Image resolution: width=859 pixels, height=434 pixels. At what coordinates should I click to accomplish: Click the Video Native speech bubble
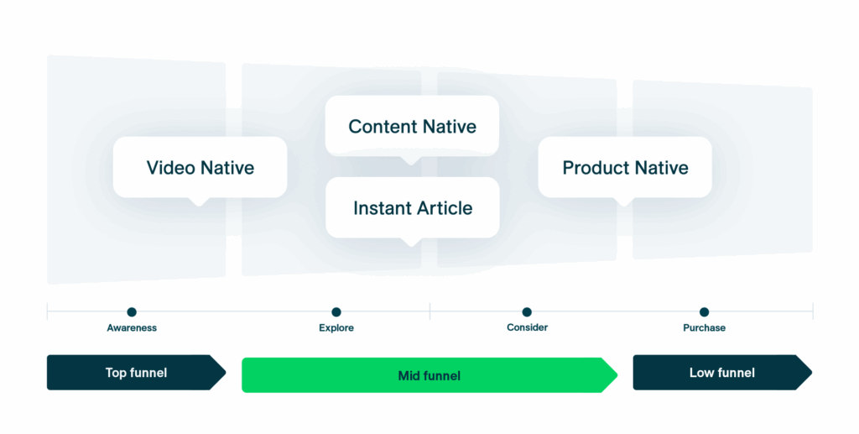coord(200,167)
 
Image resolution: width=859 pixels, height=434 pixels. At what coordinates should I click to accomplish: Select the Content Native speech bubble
coord(412,126)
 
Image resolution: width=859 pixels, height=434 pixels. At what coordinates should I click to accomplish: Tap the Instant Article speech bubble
coord(412,207)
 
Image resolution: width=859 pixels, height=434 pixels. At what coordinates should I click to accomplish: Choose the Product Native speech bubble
coord(625,167)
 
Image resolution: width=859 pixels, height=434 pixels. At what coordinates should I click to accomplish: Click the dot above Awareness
coord(132,312)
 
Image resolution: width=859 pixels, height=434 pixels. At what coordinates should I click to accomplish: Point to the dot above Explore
coord(336,312)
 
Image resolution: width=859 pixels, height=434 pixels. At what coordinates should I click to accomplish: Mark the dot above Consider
coord(527,312)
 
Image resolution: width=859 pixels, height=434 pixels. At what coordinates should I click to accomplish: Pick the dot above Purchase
coord(704,312)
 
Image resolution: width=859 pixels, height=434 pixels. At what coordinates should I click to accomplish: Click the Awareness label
coord(132,328)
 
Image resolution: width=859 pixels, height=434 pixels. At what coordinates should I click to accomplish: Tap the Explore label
coord(336,328)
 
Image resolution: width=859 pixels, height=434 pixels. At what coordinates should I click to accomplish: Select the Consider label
coord(527,327)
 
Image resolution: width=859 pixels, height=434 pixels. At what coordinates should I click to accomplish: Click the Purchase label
coord(704,328)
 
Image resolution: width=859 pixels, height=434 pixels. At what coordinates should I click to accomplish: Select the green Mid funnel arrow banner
coord(429,375)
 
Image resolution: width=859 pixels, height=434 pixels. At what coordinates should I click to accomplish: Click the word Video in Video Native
coord(170,168)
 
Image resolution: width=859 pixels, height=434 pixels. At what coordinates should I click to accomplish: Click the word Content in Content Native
coord(379,127)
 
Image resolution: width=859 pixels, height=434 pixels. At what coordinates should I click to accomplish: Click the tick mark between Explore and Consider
coord(430,312)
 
